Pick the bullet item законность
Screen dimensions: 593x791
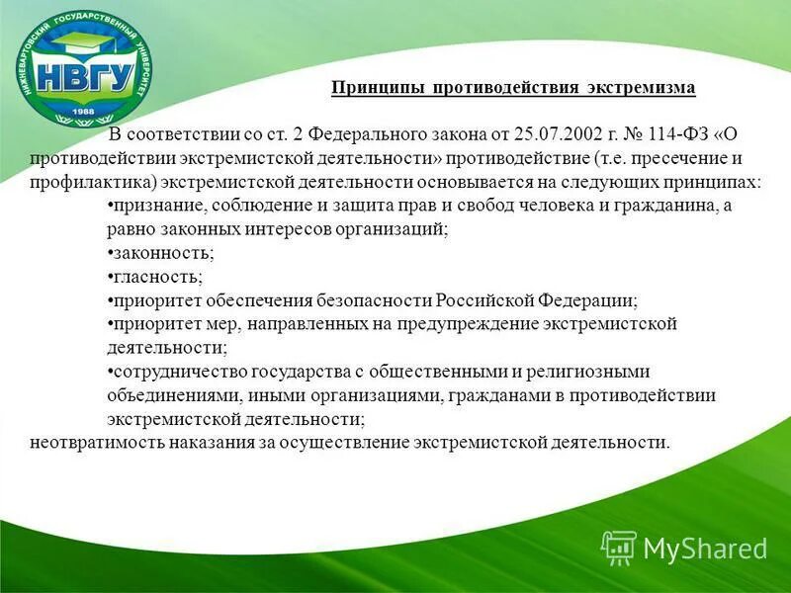[x=160, y=253]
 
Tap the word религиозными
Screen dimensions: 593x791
[x=592, y=372]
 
